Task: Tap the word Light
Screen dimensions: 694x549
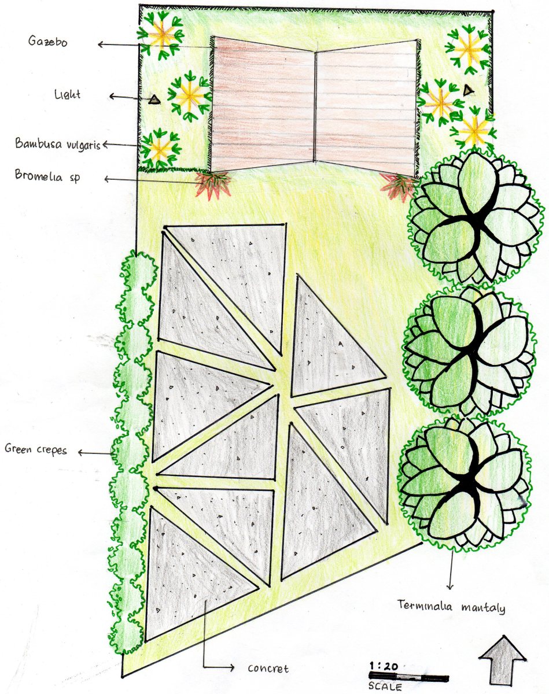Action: pyautogui.click(x=68, y=94)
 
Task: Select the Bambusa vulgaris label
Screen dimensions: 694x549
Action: pyautogui.click(x=58, y=143)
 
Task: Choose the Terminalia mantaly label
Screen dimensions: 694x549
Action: pyautogui.click(x=451, y=607)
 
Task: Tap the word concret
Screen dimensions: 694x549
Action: pyautogui.click(x=268, y=668)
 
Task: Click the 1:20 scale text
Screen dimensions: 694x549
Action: pyautogui.click(x=383, y=666)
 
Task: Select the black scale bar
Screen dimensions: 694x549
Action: pyautogui.click(x=408, y=677)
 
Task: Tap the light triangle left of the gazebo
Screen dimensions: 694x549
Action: pyautogui.click(x=153, y=100)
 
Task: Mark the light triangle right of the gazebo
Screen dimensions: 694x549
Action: pyautogui.click(x=467, y=90)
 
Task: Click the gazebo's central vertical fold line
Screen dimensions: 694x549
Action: pyautogui.click(x=315, y=107)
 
